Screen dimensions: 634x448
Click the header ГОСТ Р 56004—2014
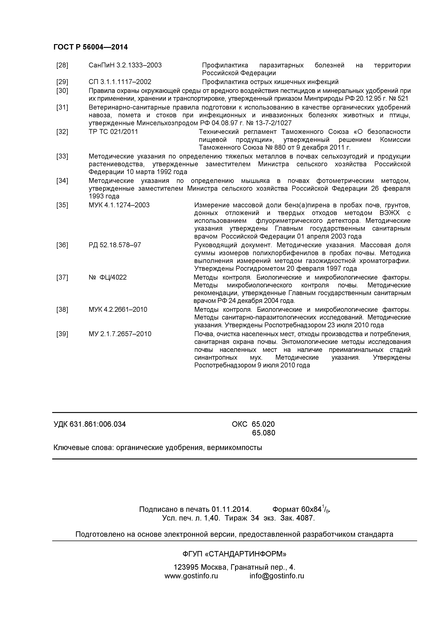[x=90, y=47]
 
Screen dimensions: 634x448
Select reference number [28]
[x=62, y=65]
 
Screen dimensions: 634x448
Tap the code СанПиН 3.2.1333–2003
[x=125, y=65]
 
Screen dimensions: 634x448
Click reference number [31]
[x=62, y=107]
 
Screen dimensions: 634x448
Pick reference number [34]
[x=62, y=181]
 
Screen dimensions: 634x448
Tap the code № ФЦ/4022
[x=108, y=278]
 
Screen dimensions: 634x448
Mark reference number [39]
[x=62, y=334]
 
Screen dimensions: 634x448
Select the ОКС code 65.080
[x=263, y=433]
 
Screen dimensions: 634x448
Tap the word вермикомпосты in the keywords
[x=235, y=448]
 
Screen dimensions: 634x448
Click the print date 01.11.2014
[x=231, y=509]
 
